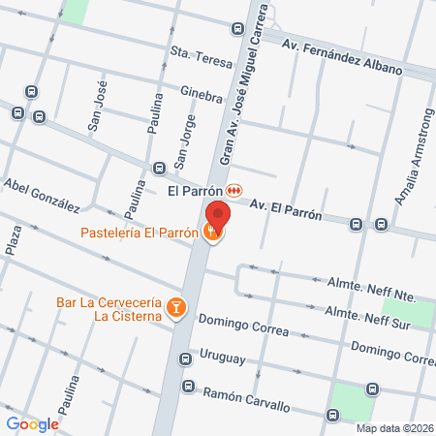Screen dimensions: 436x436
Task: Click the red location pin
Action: [x=219, y=214]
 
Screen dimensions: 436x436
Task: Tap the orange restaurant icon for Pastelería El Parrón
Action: [x=212, y=232]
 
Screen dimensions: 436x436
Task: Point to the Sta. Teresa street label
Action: [x=202, y=56]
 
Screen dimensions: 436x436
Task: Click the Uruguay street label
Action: [x=222, y=358]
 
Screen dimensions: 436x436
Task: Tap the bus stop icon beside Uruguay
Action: [x=185, y=360]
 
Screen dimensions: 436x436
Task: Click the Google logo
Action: [x=32, y=423]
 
